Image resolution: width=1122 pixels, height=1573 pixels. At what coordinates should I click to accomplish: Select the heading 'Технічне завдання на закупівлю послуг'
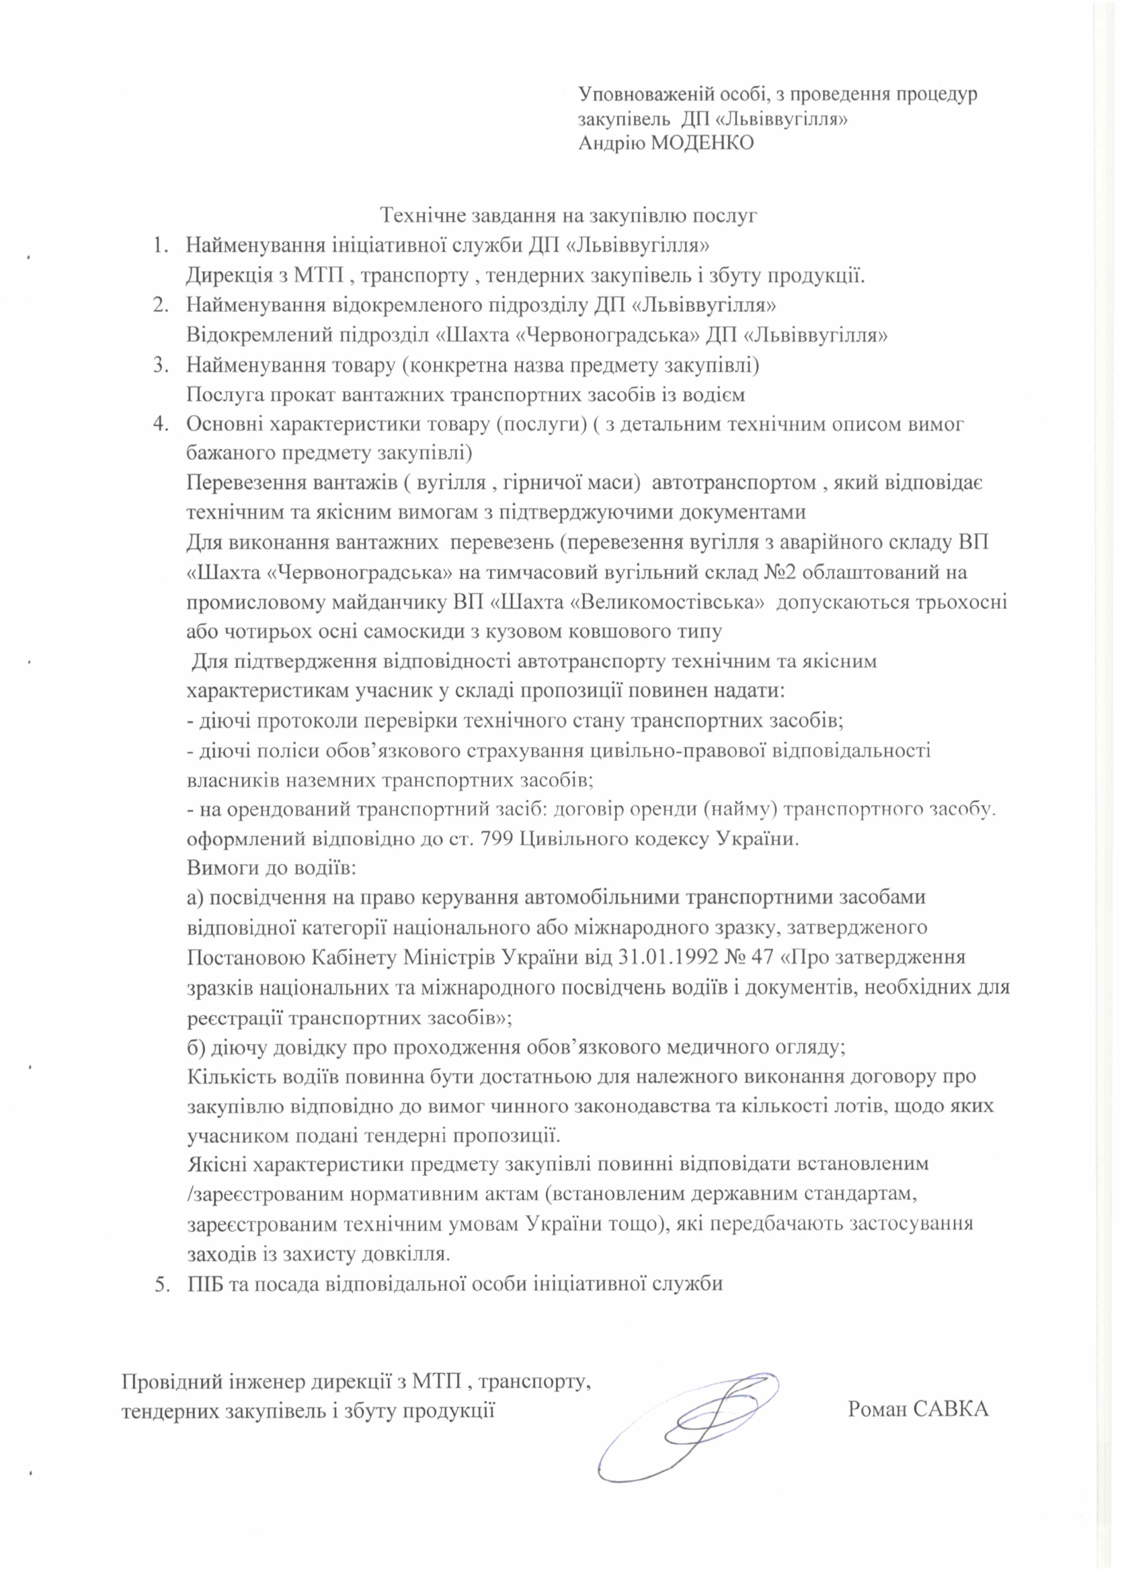(571, 216)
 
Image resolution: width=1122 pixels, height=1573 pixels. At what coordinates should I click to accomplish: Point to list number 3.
(159, 365)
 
